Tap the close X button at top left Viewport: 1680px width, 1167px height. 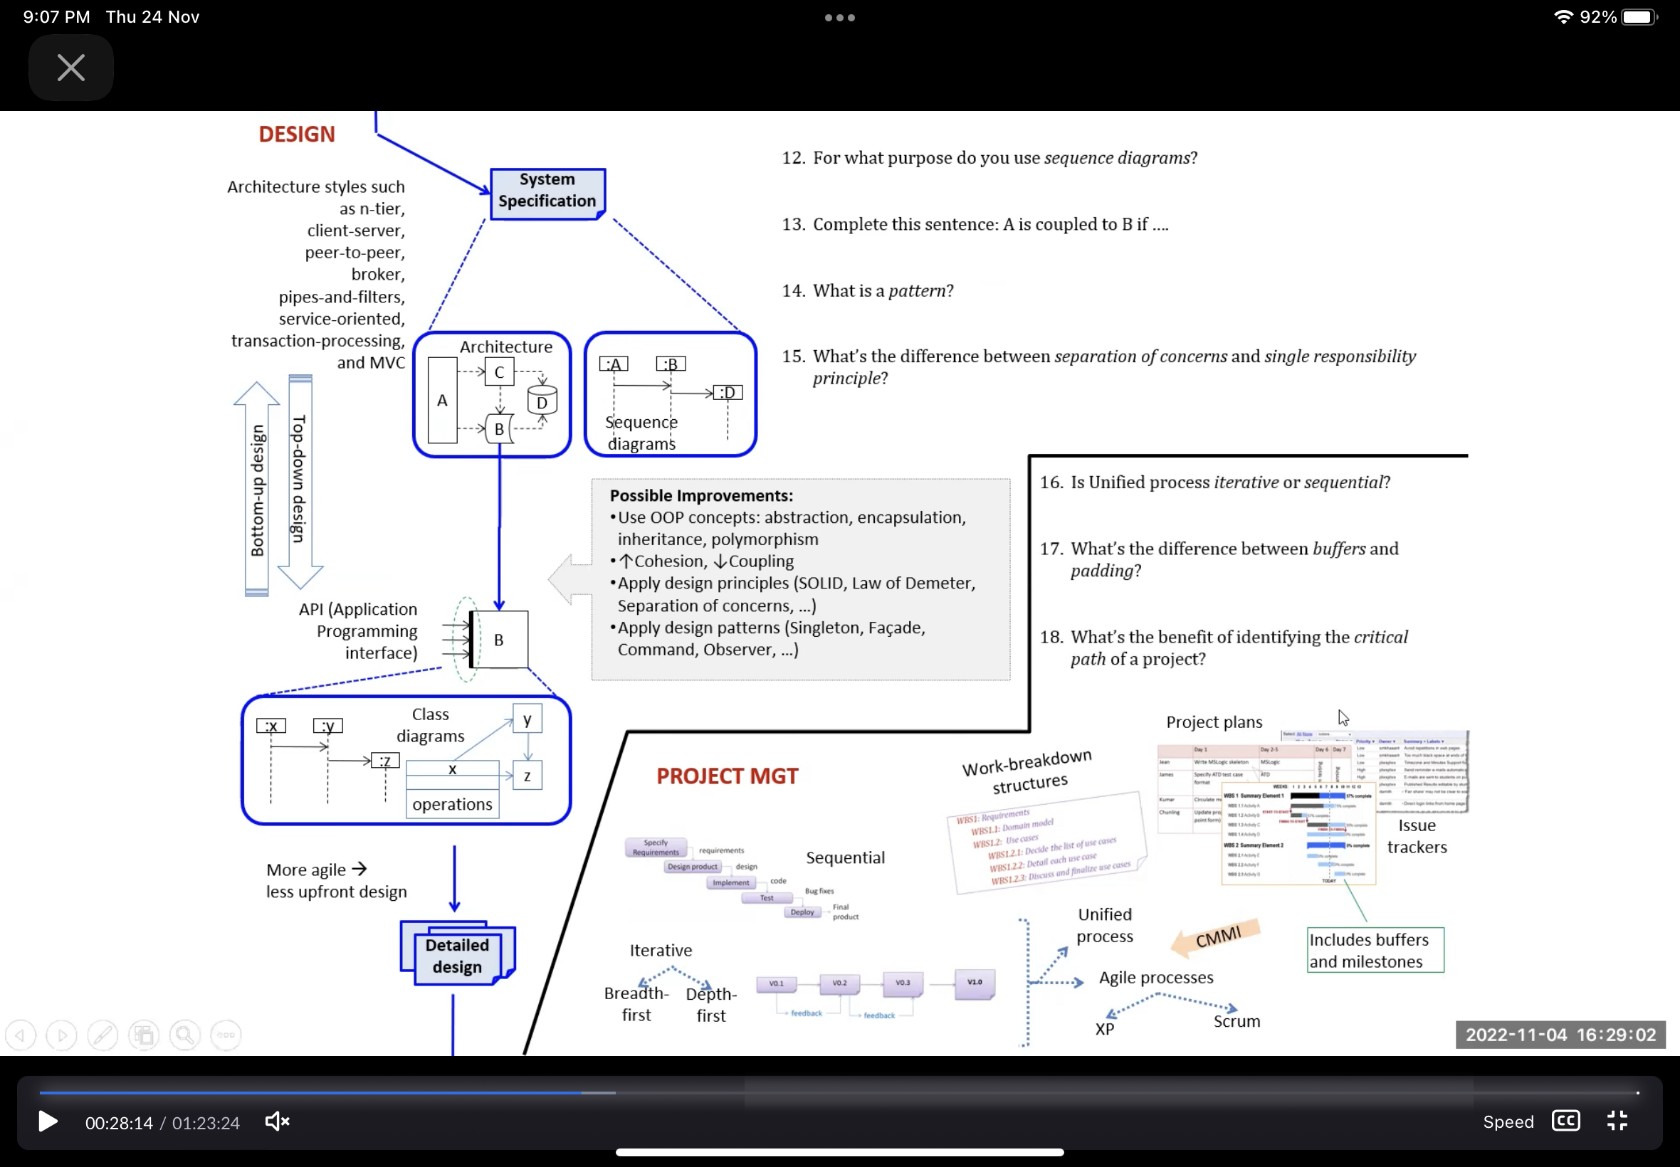pos(71,68)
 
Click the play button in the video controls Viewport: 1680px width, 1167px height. pos(48,1121)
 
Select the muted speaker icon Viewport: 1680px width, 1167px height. pos(277,1121)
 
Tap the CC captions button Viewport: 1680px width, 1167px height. pos(1565,1121)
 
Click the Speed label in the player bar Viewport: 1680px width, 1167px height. pos(1508,1121)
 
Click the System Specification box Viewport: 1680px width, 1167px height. pos(547,191)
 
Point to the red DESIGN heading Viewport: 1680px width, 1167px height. pos(296,134)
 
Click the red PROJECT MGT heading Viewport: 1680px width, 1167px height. pos(726,776)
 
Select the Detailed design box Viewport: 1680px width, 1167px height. pos(457,956)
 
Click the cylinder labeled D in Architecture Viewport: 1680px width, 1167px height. pos(542,401)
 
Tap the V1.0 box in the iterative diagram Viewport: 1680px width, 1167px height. pos(975,983)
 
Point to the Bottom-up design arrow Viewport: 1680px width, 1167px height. pos(257,489)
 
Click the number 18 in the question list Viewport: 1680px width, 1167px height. pos(1050,638)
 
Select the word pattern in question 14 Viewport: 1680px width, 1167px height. pos(916,291)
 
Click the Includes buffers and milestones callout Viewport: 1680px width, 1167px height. pos(1375,950)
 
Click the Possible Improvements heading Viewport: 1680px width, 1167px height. pos(700,496)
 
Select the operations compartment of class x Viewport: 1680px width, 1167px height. pos(452,804)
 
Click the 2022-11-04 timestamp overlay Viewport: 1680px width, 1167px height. pos(1560,1035)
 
